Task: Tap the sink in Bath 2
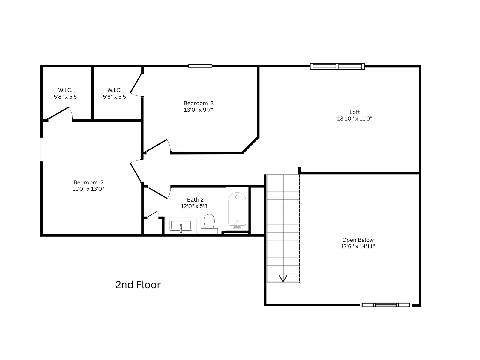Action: (x=181, y=226)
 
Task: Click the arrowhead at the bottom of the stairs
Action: (x=283, y=279)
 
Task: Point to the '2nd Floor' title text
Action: (x=138, y=285)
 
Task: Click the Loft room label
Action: (x=355, y=112)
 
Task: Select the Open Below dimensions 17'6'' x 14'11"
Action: (x=358, y=247)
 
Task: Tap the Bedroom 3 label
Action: (x=199, y=103)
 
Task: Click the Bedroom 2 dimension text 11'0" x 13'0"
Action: (x=88, y=189)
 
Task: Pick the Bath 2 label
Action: (x=195, y=199)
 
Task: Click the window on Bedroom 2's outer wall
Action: (x=41, y=150)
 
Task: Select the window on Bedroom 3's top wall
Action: (x=200, y=66)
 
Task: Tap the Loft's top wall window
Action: (x=337, y=66)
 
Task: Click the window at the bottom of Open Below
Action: (x=386, y=305)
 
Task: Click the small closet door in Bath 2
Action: (x=153, y=214)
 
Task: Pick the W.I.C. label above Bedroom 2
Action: (x=65, y=90)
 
